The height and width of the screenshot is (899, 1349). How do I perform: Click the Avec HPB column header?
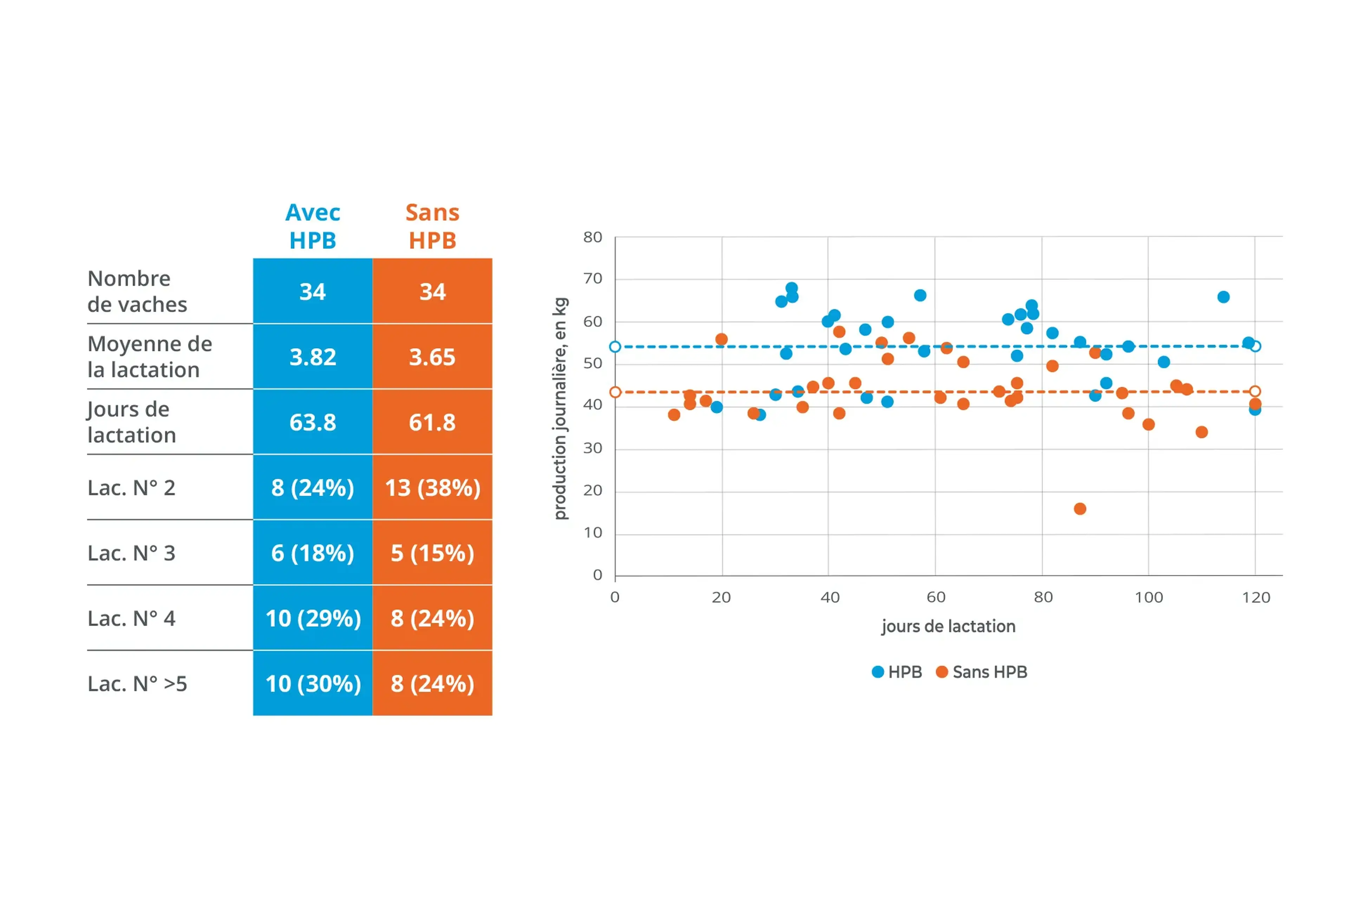(x=313, y=227)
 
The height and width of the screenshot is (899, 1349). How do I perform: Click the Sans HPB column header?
(x=432, y=227)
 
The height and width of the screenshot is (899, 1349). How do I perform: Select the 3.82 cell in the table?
(x=313, y=357)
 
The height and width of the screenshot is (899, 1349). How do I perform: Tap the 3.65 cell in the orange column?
(x=432, y=357)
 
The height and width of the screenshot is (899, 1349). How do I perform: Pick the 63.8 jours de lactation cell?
(x=313, y=422)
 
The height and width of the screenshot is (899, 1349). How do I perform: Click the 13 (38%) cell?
(x=432, y=488)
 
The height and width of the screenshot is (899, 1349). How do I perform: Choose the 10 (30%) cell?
(x=313, y=683)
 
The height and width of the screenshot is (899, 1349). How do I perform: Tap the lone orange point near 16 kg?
(x=1080, y=508)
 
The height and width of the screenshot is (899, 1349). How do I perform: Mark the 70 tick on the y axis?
(x=593, y=278)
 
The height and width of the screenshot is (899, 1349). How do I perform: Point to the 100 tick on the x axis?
(x=1149, y=597)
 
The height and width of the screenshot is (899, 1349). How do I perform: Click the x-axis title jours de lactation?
(x=949, y=626)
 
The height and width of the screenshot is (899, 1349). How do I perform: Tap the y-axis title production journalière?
(x=560, y=408)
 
